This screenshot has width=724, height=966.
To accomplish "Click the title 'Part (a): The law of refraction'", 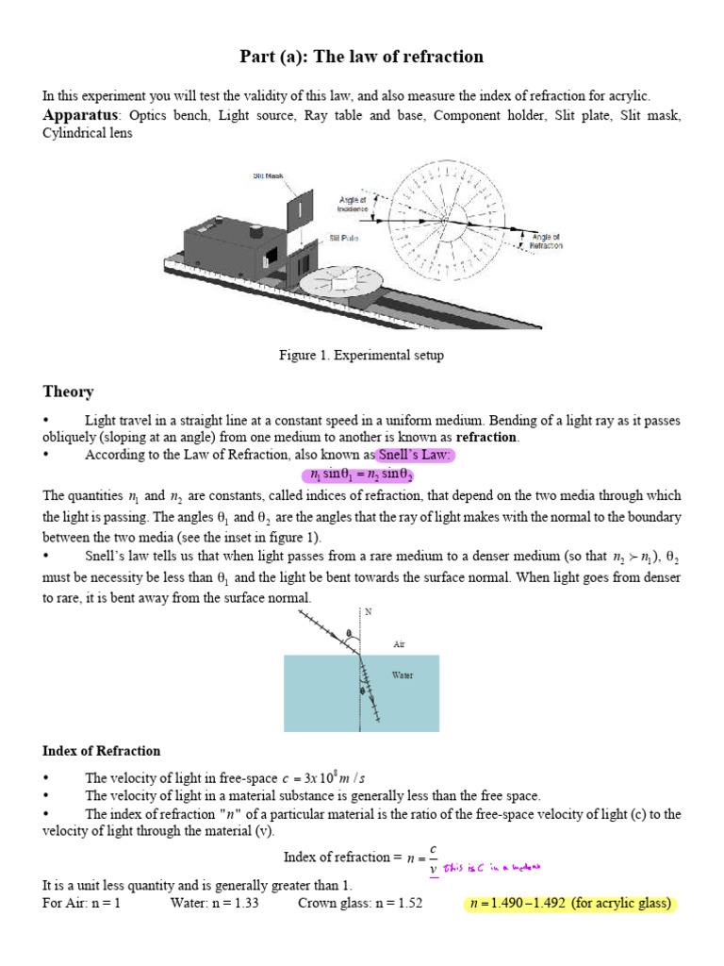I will pos(362,58).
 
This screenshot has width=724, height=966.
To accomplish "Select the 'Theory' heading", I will pos(68,391).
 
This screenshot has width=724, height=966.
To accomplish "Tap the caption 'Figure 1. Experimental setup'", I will pos(361,356).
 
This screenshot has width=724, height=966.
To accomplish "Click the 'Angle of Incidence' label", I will pos(353,205).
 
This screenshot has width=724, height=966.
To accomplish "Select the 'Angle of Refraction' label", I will pos(547,241).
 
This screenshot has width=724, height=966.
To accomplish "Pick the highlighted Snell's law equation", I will pos(362,475).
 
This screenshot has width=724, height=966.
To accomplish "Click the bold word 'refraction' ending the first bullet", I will pos(486,438).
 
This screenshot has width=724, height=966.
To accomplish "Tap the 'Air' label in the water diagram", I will pos(400,645).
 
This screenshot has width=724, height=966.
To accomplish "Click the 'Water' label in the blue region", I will pos(403,675).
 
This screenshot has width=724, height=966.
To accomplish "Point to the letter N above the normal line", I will pos(369,611).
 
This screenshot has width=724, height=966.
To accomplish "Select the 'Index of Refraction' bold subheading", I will pos(102,751).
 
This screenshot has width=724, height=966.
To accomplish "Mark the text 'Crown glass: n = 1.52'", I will pos(360,904).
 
